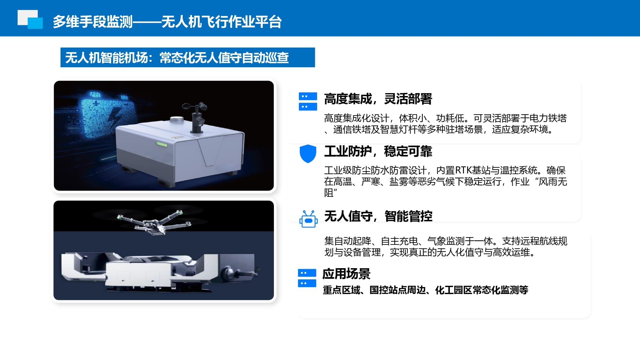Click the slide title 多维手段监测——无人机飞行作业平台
[x=167, y=22]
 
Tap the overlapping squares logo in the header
[x=30, y=19]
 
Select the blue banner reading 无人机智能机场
[x=188, y=58]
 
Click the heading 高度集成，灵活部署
[x=378, y=99]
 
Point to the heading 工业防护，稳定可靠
[x=378, y=151]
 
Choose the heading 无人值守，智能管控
[x=378, y=216]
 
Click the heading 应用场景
[x=346, y=274]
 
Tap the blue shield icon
[x=308, y=154]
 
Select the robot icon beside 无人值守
[x=308, y=219]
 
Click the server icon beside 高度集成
[x=308, y=101]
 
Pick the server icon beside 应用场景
[x=307, y=278]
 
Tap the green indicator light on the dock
[x=162, y=144]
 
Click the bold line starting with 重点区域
[x=425, y=290]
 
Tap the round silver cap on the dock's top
[x=177, y=120]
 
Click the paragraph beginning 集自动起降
[x=445, y=247]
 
